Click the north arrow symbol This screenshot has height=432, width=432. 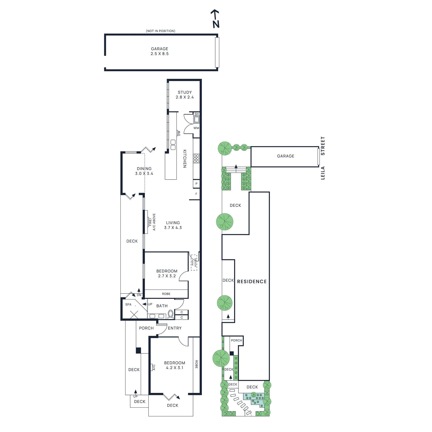pyautogui.click(x=215, y=19)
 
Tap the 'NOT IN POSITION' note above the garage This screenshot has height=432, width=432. pyautogui.click(x=160, y=31)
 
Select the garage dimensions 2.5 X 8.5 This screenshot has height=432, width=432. pyautogui.click(x=160, y=54)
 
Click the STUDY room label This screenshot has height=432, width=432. pyautogui.click(x=185, y=92)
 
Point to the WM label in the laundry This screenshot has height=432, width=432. pyautogui.click(x=196, y=128)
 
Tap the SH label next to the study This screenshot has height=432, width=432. pyautogui.click(x=197, y=114)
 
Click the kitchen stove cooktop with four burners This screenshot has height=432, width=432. pyautogui.click(x=196, y=158)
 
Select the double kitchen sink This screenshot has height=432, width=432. pyautogui.click(x=173, y=145)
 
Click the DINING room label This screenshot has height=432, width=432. pyautogui.click(x=144, y=169)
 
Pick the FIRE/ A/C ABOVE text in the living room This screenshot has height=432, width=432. pyautogui.click(x=152, y=222)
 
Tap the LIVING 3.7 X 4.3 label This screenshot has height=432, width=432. pyautogui.click(x=173, y=225)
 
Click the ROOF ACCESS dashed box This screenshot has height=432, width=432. pyautogui.click(x=194, y=262)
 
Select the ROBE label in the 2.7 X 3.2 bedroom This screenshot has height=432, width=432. pyautogui.click(x=166, y=294)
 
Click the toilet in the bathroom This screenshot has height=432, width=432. pyautogui.click(x=171, y=314)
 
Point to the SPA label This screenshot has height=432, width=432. pyautogui.click(x=128, y=305)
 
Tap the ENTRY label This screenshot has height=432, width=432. pyautogui.click(x=175, y=328)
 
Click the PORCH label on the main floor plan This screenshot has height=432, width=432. pyautogui.click(x=146, y=328)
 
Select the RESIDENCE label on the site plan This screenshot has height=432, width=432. pyautogui.click(x=252, y=282)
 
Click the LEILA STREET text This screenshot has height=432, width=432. pyautogui.click(x=323, y=158)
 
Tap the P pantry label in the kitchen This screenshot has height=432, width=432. pyautogui.click(x=196, y=184)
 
